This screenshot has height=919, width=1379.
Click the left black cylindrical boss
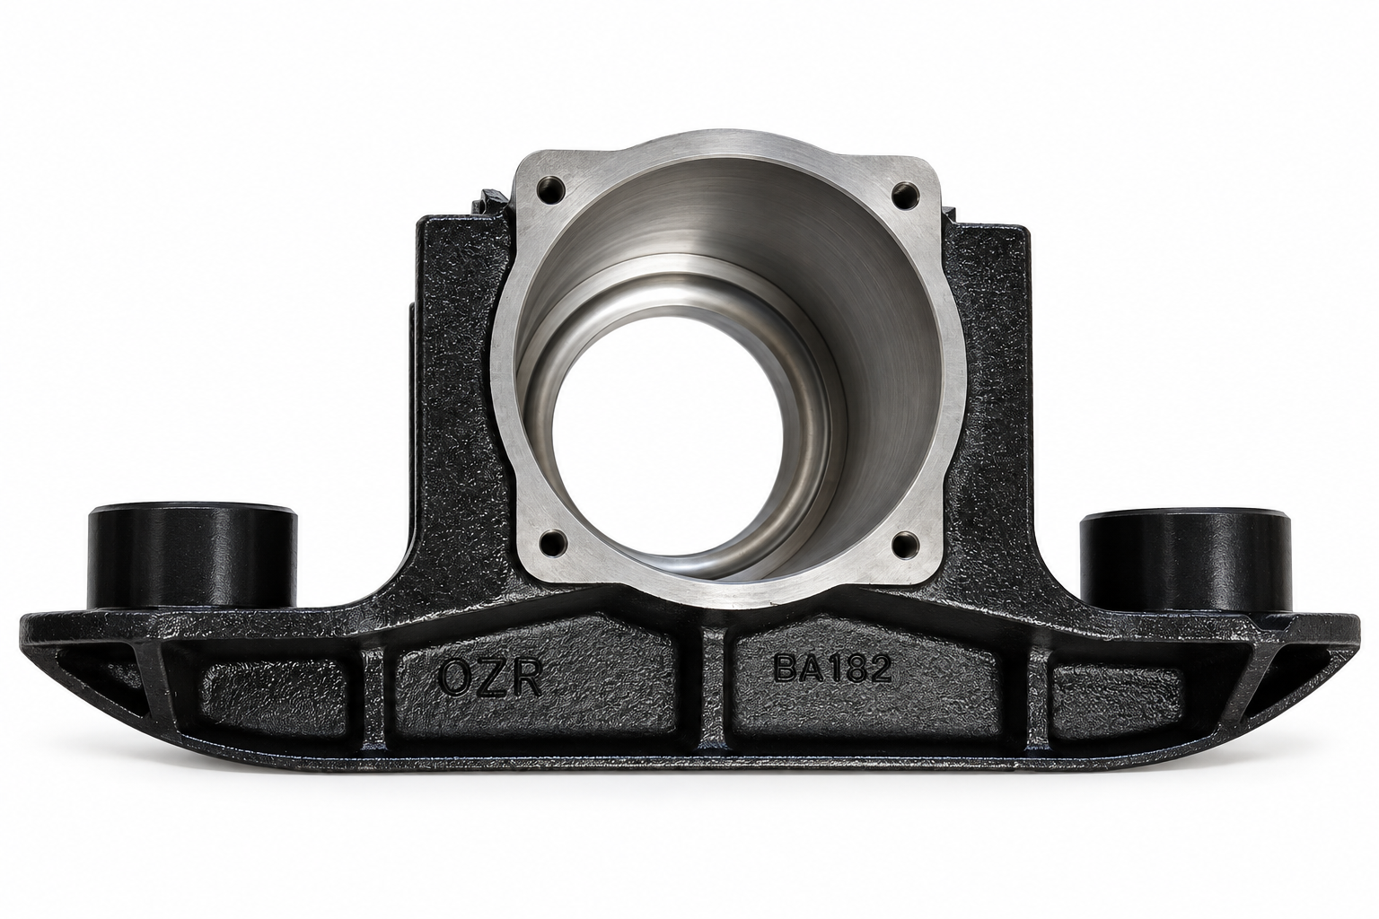coord(193,557)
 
